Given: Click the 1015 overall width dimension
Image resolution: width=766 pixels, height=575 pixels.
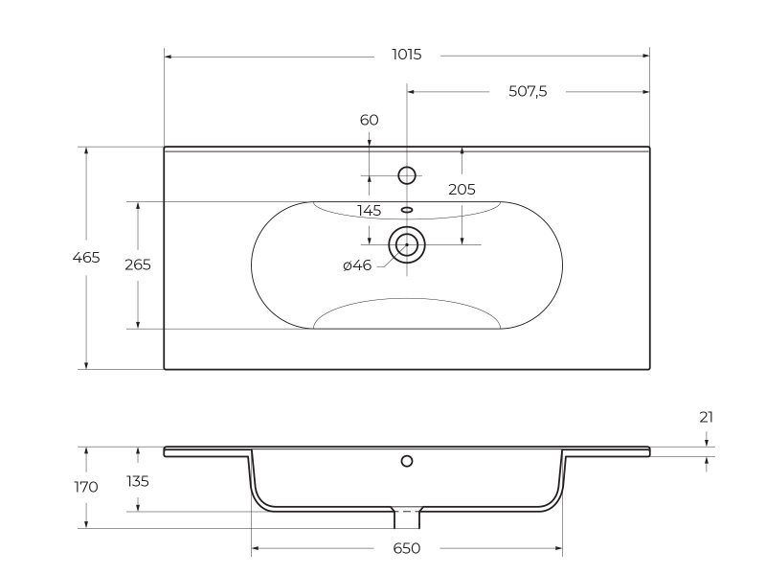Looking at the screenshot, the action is [406, 55].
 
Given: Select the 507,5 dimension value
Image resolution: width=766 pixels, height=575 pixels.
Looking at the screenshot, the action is [528, 91].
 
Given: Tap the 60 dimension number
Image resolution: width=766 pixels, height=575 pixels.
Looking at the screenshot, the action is [370, 120].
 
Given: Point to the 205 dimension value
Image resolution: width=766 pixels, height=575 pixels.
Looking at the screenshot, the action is [462, 189].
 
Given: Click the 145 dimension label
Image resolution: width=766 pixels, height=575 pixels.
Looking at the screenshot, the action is [370, 211].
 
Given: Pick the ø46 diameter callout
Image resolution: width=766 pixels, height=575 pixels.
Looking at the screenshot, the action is [357, 265].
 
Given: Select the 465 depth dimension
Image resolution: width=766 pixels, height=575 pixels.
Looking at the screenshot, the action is [86, 257].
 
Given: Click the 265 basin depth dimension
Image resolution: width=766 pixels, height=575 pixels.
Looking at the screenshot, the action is [138, 264].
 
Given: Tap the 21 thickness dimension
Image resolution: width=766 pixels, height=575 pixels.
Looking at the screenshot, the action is [707, 417].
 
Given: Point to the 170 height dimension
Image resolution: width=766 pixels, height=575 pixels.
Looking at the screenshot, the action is [86, 487].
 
